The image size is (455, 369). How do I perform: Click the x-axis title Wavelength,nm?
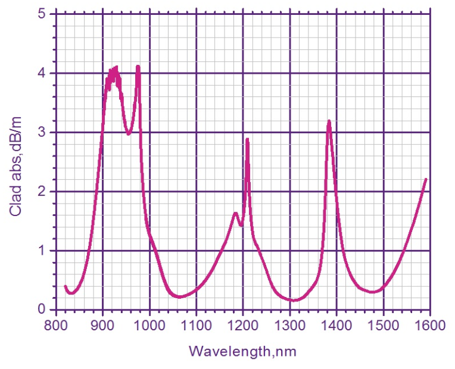click(242, 351)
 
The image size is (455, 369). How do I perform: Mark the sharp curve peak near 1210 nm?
click(247, 139)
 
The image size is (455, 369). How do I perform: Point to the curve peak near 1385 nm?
click(329, 121)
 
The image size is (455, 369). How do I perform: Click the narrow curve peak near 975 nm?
click(138, 67)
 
